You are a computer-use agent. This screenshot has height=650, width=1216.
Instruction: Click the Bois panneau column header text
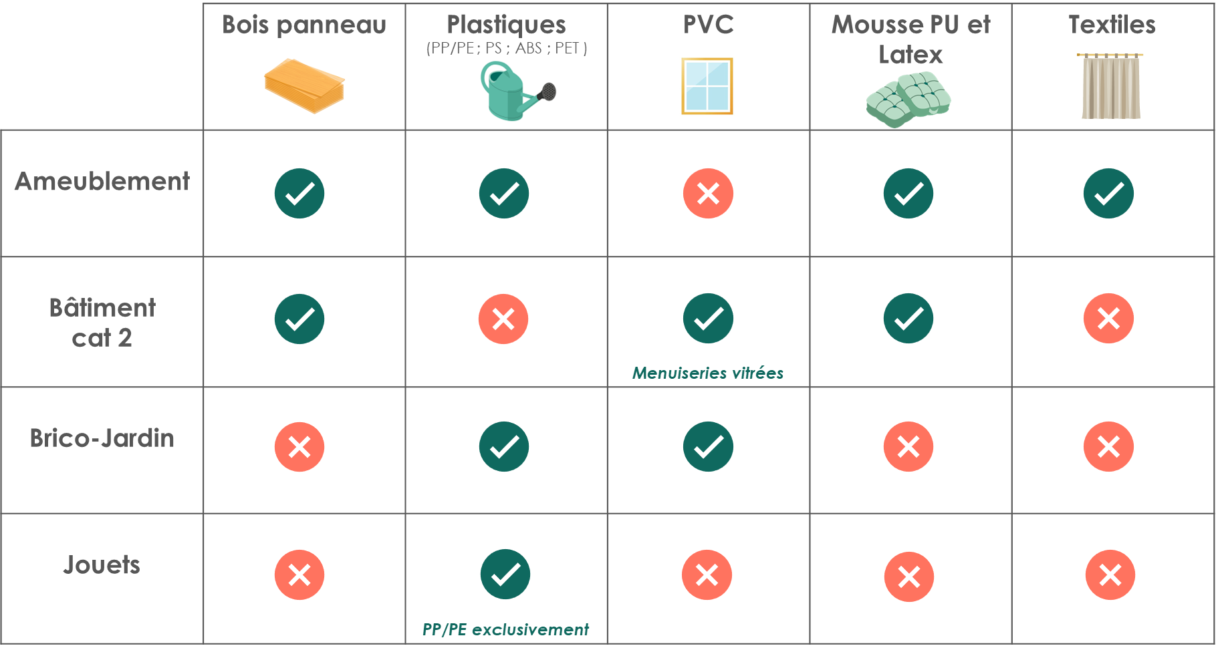point(304,25)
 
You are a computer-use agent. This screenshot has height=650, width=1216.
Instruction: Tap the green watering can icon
point(517,92)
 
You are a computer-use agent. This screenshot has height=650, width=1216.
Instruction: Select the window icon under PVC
point(707,86)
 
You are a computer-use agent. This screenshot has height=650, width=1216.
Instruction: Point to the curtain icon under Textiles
point(1110,86)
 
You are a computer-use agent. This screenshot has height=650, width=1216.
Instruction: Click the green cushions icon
point(908,100)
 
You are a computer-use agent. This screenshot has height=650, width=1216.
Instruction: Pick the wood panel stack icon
point(304,86)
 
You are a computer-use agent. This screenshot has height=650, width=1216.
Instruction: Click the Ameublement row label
point(102,182)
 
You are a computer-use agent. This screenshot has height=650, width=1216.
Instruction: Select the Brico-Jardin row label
point(102,438)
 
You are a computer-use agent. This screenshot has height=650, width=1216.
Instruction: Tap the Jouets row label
point(102,565)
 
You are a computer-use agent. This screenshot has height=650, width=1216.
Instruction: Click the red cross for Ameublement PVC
point(708,194)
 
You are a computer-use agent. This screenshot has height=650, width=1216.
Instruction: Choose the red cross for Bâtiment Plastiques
point(503,319)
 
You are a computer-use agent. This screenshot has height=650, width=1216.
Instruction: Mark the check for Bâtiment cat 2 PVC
point(708,319)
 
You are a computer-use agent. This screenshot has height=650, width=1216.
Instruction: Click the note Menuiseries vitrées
point(708,373)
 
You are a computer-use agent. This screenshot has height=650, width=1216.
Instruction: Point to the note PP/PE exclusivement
point(505,629)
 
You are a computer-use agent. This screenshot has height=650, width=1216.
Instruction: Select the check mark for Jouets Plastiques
point(505,575)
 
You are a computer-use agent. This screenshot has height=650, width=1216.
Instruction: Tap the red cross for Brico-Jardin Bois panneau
point(299,447)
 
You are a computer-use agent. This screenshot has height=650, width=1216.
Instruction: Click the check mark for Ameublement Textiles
point(1108,194)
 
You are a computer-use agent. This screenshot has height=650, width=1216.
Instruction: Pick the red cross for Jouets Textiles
point(1110,575)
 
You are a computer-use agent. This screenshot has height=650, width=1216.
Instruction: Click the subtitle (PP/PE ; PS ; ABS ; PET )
point(507,49)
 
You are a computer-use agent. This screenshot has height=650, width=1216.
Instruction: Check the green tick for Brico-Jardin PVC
point(708,447)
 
